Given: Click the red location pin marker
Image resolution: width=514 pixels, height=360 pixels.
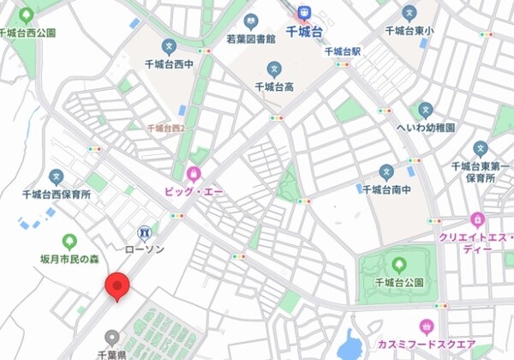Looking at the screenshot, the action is pos(116,285).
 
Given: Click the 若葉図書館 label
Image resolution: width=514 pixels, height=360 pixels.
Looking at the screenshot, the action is pos(251,39).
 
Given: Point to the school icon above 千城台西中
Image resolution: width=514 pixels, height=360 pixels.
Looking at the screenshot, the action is pos(168,45).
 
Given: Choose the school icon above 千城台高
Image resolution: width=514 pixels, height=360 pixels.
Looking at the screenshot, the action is pos(274,69).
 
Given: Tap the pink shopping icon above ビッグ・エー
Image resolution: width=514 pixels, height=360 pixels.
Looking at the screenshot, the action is pos(194,174).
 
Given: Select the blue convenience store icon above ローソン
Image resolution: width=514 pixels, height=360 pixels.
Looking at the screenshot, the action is pos(144,232).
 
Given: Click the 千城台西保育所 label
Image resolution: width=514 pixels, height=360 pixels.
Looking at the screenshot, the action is pos(57,195).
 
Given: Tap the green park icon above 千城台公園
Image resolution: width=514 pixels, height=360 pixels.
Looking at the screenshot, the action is pos(399,264).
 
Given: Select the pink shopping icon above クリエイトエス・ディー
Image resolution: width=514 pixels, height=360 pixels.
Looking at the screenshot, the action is pos(477,219).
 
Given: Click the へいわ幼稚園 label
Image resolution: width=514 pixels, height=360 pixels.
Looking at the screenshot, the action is pos(426,127).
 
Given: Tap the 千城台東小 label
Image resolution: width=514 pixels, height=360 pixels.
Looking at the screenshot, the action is pos(410,31).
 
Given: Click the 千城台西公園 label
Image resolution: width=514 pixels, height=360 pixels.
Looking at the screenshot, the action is pos(27,33).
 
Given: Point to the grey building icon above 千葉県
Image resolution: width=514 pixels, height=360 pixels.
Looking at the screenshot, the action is pos(111,337).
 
